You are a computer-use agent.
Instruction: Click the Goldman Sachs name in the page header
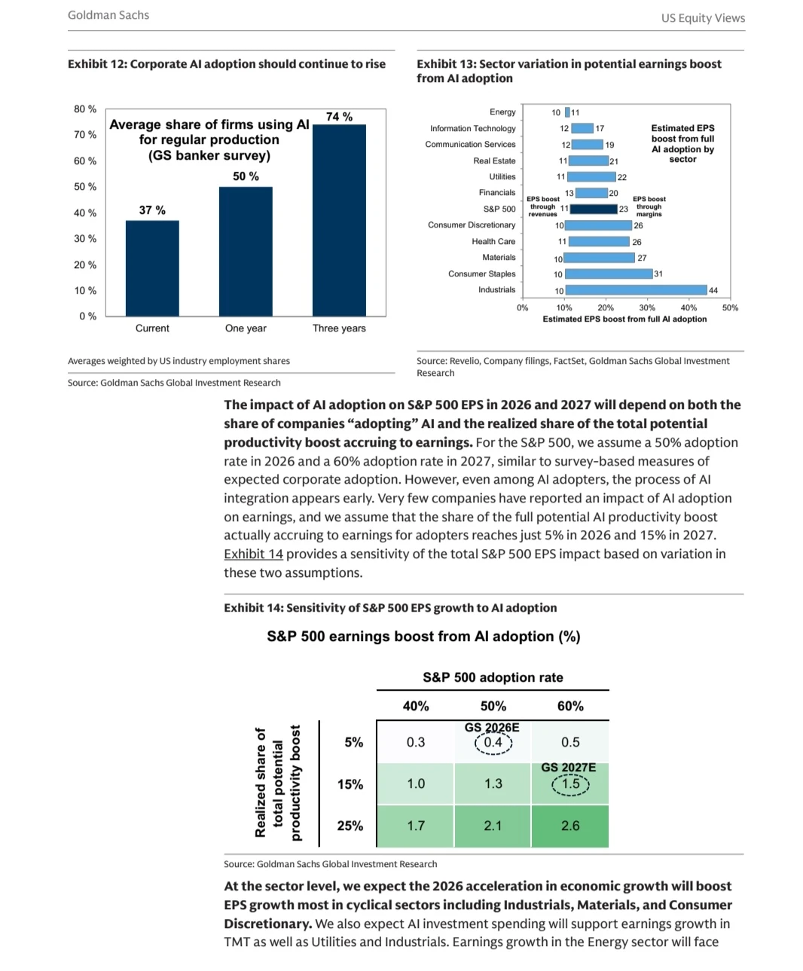tap(108, 15)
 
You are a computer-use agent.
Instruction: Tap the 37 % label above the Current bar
tap(152, 210)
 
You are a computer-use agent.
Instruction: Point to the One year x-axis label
tap(246, 328)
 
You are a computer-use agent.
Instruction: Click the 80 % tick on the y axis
tap(85, 109)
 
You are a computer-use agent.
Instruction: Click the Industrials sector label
tap(496, 290)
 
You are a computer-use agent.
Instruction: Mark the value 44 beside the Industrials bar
tap(713, 291)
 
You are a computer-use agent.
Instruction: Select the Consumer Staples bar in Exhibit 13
tap(608, 274)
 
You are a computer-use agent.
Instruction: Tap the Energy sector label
tap(502, 112)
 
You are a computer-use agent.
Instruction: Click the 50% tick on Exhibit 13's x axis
tap(730, 308)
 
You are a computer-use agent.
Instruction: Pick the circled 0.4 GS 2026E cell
tap(493, 743)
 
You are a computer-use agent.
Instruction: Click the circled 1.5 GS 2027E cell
tap(570, 784)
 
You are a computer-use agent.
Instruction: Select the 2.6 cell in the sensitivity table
tap(570, 826)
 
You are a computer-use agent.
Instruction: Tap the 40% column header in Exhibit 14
tap(416, 707)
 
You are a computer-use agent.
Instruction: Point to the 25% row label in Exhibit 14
tap(350, 826)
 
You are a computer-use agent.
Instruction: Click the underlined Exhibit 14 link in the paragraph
tap(253, 554)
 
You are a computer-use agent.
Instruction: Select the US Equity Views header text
tap(703, 18)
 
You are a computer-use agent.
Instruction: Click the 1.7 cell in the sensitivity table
tap(416, 826)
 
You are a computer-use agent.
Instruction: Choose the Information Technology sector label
tap(472, 129)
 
